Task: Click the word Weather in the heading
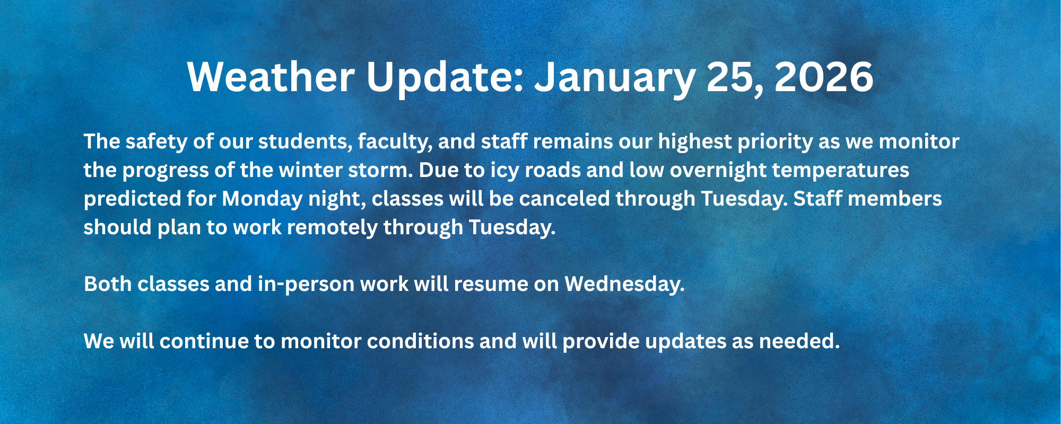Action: tap(271, 77)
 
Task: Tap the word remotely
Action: tap(332, 228)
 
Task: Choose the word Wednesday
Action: tap(624, 285)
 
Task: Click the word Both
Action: tap(108, 285)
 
